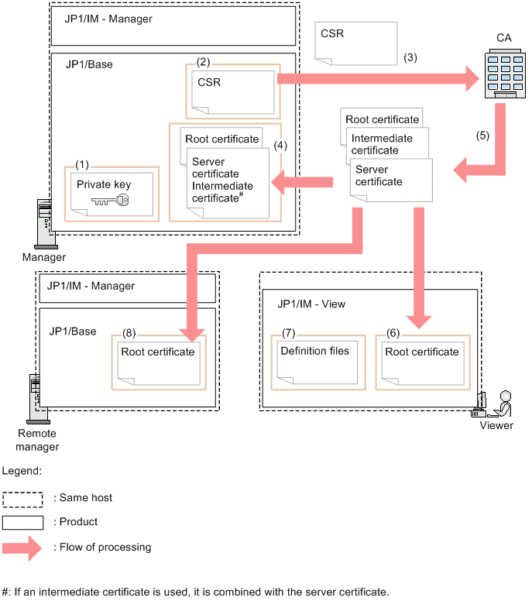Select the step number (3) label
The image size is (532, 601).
click(x=410, y=57)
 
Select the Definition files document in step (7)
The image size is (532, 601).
click(x=314, y=362)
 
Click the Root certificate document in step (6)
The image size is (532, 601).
click(x=421, y=362)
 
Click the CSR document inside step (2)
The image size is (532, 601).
click(x=233, y=91)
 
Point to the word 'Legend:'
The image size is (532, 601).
click(x=22, y=470)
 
